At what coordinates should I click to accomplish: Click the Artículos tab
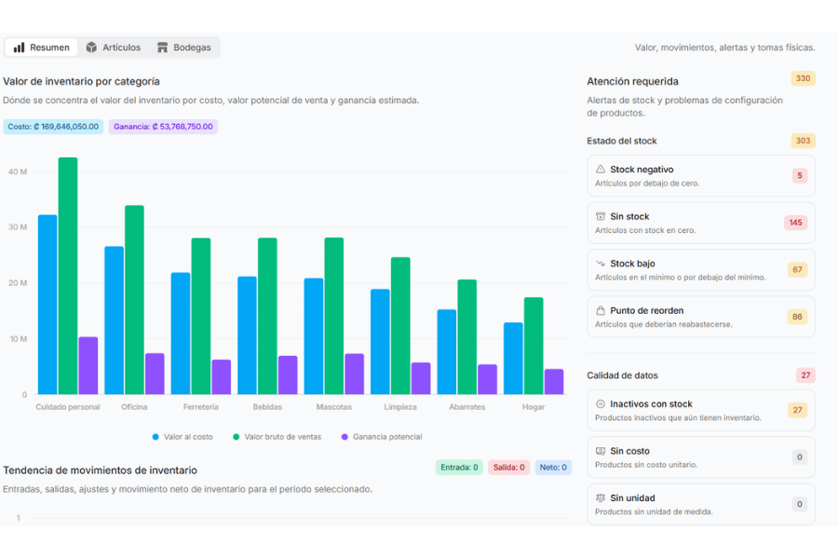pyautogui.click(x=114, y=48)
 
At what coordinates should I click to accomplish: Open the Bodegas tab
pyautogui.click(x=183, y=48)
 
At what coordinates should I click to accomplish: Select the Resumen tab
pyautogui.click(x=41, y=48)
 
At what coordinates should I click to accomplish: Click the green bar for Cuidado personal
pyautogui.click(x=68, y=276)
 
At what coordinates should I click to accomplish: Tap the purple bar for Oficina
pyautogui.click(x=155, y=374)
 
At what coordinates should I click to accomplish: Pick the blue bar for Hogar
pyautogui.click(x=513, y=359)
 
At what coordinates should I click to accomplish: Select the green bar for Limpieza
pyautogui.click(x=400, y=326)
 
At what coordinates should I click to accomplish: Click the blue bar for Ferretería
pyautogui.click(x=181, y=334)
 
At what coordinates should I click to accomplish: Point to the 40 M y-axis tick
pyautogui.click(x=18, y=171)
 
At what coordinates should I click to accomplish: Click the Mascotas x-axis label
pyautogui.click(x=334, y=407)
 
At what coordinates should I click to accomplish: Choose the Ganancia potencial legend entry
pyautogui.click(x=382, y=437)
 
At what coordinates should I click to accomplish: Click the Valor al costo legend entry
pyautogui.click(x=182, y=437)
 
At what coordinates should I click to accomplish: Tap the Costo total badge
pyautogui.click(x=53, y=127)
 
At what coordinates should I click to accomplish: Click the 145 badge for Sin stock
pyautogui.click(x=795, y=223)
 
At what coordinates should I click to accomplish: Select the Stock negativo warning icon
pyautogui.click(x=601, y=169)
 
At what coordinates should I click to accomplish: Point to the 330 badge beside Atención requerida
pyautogui.click(x=803, y=78)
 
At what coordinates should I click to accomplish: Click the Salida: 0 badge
pyautogui.click(x=508, y=468)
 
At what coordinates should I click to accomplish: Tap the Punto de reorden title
pyautogui.click(x=647, y=311)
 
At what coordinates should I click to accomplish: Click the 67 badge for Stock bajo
pyautogui.click(x=797, y=269)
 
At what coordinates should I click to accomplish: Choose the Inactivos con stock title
pyautogui.click(x=651, y=403)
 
